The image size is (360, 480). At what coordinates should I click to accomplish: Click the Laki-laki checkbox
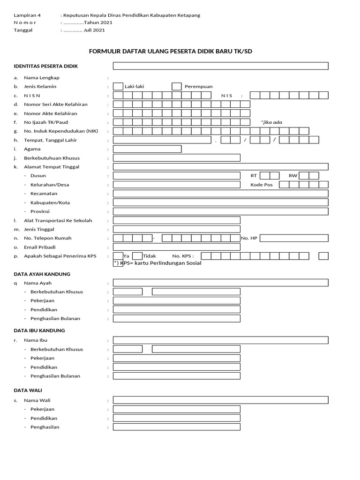pos(118,86)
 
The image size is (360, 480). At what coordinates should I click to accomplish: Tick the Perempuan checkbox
pos(176,86)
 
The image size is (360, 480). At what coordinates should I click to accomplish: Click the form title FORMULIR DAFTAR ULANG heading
pos(170,51)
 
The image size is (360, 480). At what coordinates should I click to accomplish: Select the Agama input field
pos(147,149)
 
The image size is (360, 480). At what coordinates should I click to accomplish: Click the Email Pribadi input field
pos(176,247)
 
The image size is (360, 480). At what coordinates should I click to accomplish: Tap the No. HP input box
pos(293,238)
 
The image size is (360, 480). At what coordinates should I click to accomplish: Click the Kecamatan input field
pos(220,194)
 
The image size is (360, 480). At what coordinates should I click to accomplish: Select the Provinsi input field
pos(220,211)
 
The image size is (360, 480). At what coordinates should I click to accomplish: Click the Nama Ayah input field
pos(220,283)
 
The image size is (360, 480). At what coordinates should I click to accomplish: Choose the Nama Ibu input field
pos(220,340)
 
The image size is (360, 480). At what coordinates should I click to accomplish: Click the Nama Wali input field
pos(220,400)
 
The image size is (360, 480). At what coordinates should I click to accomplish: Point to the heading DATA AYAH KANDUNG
pos(42,274)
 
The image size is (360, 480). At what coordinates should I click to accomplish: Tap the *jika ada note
pos(271,122)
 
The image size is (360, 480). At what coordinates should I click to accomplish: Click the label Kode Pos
pos(262,185)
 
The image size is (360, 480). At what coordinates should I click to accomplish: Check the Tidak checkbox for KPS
pos(137,256)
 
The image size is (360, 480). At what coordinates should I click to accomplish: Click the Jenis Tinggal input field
pos(176,229)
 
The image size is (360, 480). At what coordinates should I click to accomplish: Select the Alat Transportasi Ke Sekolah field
pos(176,220)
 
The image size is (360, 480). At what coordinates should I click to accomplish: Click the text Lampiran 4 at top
pos(27,15)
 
